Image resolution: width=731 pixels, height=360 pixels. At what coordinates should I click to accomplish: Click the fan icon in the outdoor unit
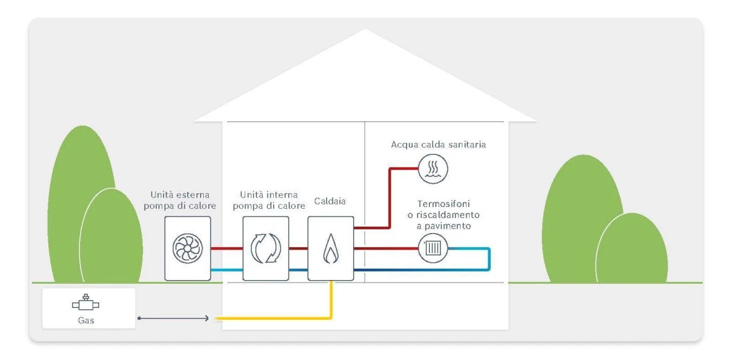(188, 248)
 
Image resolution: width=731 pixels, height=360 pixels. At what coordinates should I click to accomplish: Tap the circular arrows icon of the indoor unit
(266, 248)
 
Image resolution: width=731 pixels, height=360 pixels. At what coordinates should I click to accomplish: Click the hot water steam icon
(432, 168)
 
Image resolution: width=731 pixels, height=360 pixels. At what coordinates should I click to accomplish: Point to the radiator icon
(432, 249)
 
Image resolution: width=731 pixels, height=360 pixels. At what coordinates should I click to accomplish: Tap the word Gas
(86, 321)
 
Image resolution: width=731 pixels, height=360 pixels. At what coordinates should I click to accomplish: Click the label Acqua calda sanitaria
(437, 144)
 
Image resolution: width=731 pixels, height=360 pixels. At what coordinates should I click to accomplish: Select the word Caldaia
(330, 202)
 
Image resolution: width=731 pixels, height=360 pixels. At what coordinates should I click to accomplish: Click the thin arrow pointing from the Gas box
(173, 318)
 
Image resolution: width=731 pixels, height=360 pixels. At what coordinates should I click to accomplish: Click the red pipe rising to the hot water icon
(390, 198)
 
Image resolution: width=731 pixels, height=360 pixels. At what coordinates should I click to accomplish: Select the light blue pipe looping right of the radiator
(489, 259)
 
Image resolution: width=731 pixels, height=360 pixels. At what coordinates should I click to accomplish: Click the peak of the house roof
(365, 31)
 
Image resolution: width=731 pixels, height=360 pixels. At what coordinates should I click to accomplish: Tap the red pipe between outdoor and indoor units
(226, 248)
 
